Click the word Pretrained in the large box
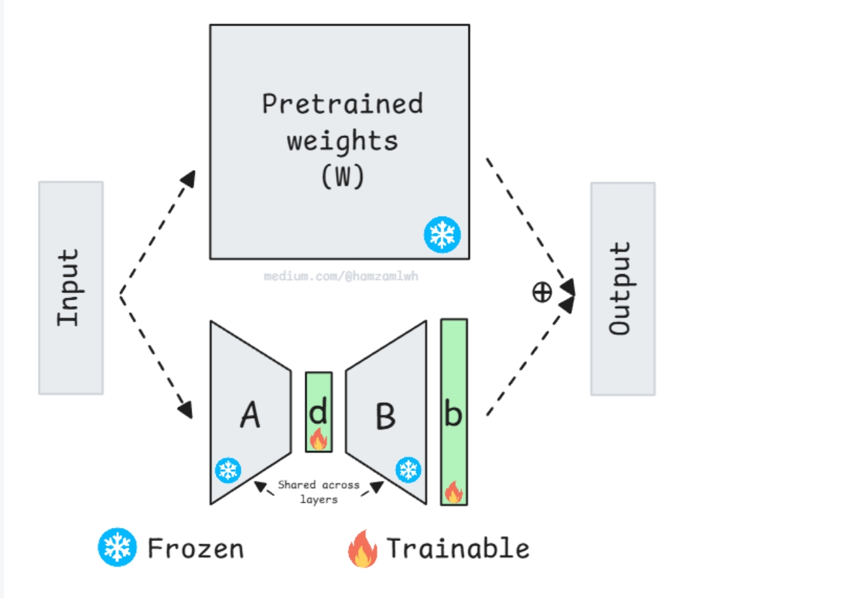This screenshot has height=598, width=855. click(x=343, y=103)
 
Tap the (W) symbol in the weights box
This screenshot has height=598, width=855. click(x=343, y=176)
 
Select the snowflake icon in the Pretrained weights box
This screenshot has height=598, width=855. click(x=442, y=235)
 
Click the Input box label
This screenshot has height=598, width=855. click(x=68, y=288)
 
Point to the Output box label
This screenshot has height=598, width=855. click(x=620, y=289)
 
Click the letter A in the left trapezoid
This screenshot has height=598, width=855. click(x=250, y=414)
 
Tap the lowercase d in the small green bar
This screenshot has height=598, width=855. click(x=318, y=410)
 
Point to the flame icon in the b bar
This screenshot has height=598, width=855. click(x=454, y=491)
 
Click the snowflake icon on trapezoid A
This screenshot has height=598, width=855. click(x=228, y=470)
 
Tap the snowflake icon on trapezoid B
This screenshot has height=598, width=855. click(x=409, y=470)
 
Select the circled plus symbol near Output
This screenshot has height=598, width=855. click(x=542, y=292)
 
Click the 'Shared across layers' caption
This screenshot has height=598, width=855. click(x=319, y=492)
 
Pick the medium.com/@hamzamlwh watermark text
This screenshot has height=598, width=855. click(x=341, y=276)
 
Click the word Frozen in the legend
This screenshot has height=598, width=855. click(x=195, y=549)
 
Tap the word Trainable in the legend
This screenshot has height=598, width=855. click(x=458, y=548)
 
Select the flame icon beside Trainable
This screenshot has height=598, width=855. click(x=363, y=548)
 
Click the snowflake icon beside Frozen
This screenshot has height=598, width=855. click(x=117, y=547)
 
